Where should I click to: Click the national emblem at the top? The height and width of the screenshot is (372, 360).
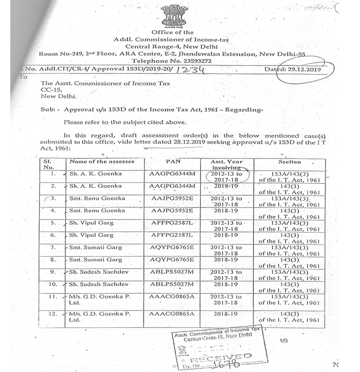tap(174, 15)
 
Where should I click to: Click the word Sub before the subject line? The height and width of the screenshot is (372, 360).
tap(49, 109)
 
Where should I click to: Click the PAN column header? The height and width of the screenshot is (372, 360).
tap(172, 162)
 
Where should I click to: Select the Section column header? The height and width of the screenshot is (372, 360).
tap(289, 162)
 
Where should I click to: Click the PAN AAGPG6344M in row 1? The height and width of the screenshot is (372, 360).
tap(172, 173)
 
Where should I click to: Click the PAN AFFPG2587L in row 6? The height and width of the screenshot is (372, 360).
tap(172, 235)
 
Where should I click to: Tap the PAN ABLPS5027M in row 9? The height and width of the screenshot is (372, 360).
tap(172, 272)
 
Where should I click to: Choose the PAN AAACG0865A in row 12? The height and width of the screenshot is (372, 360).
tap(172, 313)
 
